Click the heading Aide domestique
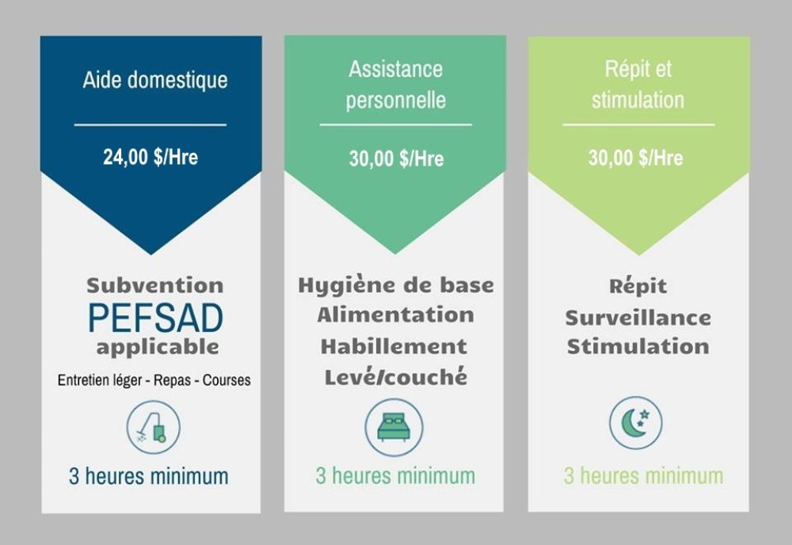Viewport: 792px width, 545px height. [x=155, y=80]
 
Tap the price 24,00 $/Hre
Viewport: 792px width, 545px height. [x=150, y=157]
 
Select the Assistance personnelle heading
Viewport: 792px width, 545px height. [x=395, y=84]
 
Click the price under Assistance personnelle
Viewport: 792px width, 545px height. [x=397, y=158]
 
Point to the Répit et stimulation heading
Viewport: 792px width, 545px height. [x=638, y=84]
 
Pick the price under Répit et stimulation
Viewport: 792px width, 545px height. [x=635, y=158]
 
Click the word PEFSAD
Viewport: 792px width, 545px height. [x=155, y=318]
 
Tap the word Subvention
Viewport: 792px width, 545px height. [x=155, y=285]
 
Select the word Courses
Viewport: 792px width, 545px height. [x=227, y=379]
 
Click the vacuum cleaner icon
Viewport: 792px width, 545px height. [x=153, y=427]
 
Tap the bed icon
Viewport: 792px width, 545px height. [x=394, y=427]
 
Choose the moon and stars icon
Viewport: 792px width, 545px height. [x=635, y=423]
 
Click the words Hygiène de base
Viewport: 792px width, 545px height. [x=396, y=286]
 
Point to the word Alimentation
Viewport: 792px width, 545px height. [x=395, y=315]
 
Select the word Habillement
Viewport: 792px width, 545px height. [x=394, y=346]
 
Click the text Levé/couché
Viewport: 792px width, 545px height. [x=396, y=377]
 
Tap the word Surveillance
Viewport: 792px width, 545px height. [x=638, y=318]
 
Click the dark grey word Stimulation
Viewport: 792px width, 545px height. [x=638, y=347]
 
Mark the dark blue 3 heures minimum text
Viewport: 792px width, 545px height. [x=149, y=476]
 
